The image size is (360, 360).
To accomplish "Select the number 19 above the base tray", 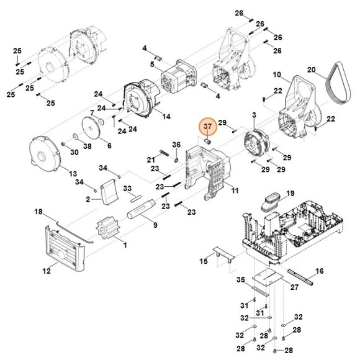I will (290, 192).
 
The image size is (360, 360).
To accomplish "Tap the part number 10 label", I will (277, 74).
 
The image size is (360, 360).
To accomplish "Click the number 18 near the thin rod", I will (38, 212).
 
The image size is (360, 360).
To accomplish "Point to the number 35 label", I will (241, 279).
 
